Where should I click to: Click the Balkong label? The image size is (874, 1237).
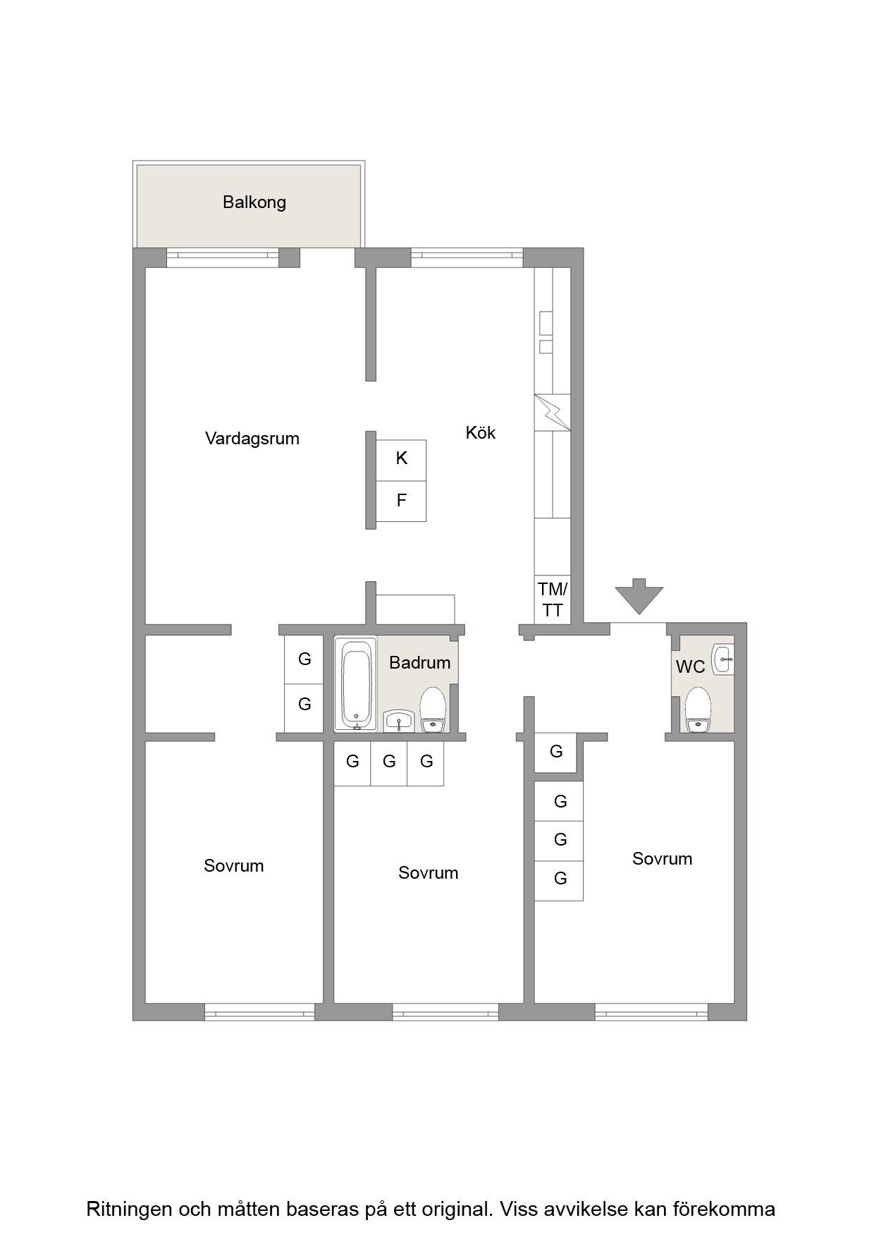[254, 202]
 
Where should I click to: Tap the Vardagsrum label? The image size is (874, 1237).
[252, 439]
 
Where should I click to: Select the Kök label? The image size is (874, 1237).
[481, 432]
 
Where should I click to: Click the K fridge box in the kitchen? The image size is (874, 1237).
[401, 461]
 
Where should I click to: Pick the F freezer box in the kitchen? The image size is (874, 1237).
[401, 501]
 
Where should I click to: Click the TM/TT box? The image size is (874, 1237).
[552, 599]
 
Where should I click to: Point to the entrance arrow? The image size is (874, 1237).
[639, 596]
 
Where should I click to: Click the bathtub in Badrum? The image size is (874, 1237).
[356, 684]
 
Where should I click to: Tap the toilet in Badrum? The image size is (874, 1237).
[433, 710]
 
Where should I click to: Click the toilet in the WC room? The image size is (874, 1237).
[698, 709]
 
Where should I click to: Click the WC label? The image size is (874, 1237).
[690, 667]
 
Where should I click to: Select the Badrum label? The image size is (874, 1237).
[419, 663]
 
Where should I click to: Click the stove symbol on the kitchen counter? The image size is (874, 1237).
[553, 413]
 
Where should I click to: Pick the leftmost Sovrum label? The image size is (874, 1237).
[234, 866]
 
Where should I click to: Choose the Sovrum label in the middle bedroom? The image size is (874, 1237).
[428, 873]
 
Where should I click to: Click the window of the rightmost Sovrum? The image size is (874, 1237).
[651, 1012]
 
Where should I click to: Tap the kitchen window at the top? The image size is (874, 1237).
[467, 257]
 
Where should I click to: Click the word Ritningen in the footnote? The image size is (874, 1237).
[129, 1209]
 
